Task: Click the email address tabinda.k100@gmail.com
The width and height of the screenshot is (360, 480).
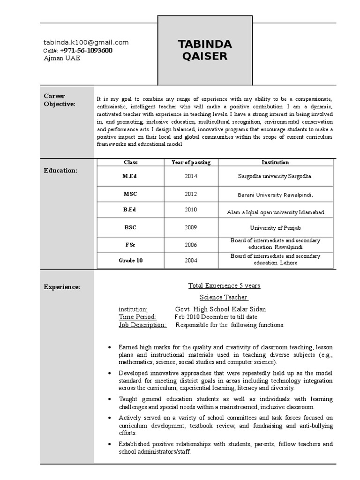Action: tap(86, 42)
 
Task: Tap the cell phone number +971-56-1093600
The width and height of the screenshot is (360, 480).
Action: tap(86, 50)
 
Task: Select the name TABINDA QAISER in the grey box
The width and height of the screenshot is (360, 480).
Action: tap(205, 50)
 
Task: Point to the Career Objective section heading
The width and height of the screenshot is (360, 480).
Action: tap(59, 100)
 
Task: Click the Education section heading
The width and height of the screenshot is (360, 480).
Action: tap(60, 170)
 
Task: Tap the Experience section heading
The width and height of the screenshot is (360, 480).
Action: tap(62, 287)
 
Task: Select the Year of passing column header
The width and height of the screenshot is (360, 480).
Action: tap(191, 162)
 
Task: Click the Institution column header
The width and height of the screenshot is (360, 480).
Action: tap(275, 162)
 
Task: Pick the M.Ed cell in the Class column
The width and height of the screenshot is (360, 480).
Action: tap(130, 176)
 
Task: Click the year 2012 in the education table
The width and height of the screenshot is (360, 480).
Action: tap(191, 194)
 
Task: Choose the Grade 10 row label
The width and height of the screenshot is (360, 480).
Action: tap(130, 260)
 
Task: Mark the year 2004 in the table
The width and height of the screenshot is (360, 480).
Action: tap(191, 260)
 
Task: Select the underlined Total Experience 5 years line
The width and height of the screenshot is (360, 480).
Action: tap(224, 285)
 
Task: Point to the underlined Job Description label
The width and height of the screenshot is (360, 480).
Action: tap(142, 324)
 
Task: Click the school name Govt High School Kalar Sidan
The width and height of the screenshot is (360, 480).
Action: tap(220, 309)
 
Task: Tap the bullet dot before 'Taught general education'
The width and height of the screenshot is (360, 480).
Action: tap(109, 399)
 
